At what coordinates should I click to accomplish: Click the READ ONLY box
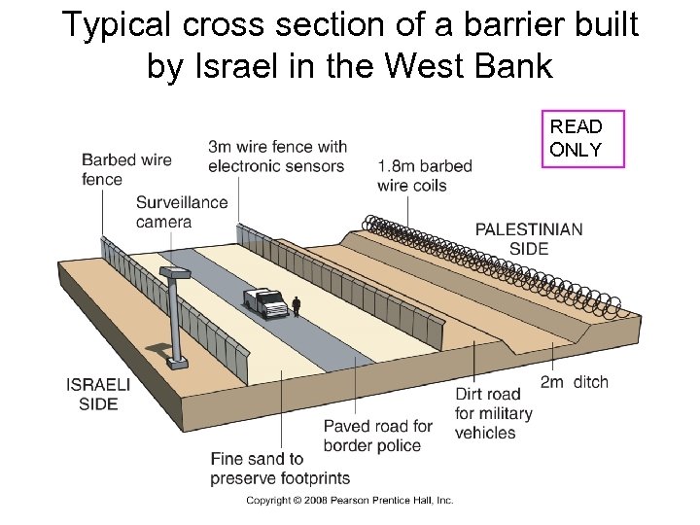coord(581,138)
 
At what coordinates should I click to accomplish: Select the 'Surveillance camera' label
coord(181,212)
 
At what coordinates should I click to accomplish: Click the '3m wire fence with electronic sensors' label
coord(277,156)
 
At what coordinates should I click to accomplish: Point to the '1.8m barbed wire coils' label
coord(425,175)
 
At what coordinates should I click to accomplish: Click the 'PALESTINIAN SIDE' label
coord(529,238)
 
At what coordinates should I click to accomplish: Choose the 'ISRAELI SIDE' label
coord(97,394)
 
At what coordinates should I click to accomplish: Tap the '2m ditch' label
coord(574,382)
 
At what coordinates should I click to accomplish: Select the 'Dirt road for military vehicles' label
coord(494,413)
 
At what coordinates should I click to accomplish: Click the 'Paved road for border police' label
coord(378,436)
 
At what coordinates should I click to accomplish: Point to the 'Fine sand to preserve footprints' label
coord(280,468)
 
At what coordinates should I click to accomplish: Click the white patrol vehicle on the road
coord(265,303)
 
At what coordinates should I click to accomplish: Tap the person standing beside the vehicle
coord(297,306)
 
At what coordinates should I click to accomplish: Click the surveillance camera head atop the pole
coord(174,273)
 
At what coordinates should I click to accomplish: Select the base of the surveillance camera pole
coord(177,363)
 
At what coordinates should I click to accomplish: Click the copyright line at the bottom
coord(349,501)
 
